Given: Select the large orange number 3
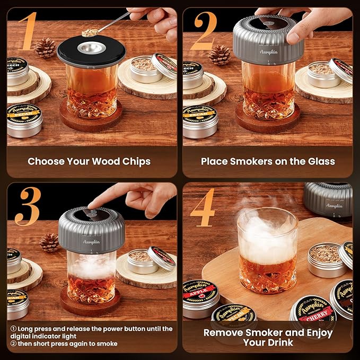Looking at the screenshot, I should (x=27, y=204).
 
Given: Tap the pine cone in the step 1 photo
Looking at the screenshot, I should (x=45, y=48).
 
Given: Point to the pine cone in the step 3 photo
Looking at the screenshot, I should (x=49, y=242).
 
